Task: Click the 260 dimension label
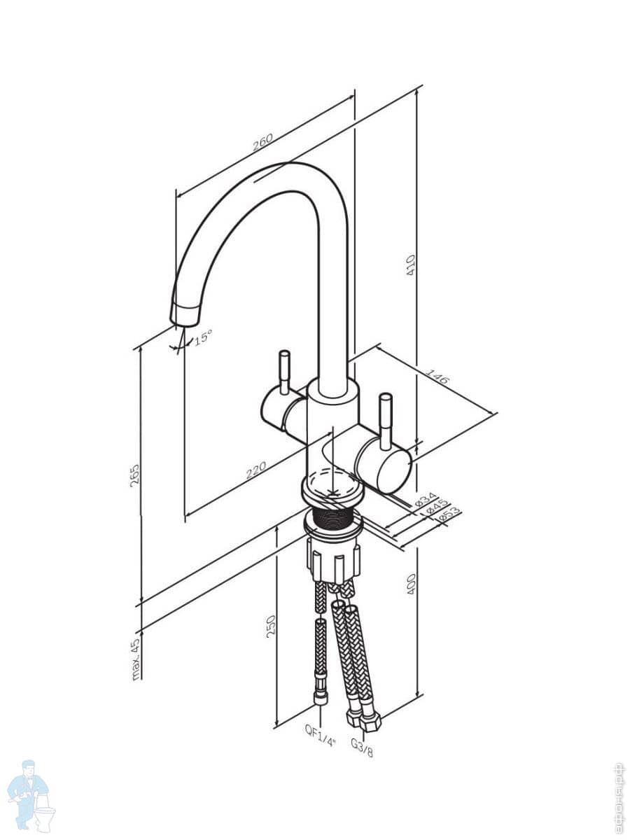[x=261, y=142]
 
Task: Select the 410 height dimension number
[x=412, y=264]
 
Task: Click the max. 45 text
[x=136, y=659]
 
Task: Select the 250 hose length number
[x=271, y=624]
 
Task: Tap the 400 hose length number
[x=412, y=584]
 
